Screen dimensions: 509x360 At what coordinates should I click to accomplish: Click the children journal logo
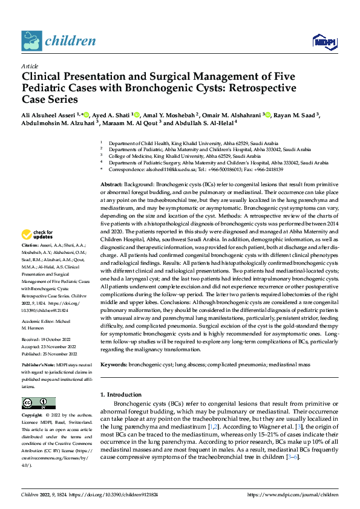(58, 41)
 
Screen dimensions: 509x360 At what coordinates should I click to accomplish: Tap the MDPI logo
(324, 41)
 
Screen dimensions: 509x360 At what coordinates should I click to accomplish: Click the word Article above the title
(30, 66)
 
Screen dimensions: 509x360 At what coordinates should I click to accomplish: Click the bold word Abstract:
(112, 184)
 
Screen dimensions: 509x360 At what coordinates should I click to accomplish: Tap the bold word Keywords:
(114, 365)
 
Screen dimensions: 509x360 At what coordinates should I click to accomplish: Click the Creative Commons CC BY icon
(38, 403)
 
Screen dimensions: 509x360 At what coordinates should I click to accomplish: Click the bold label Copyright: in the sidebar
(32, 416)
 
